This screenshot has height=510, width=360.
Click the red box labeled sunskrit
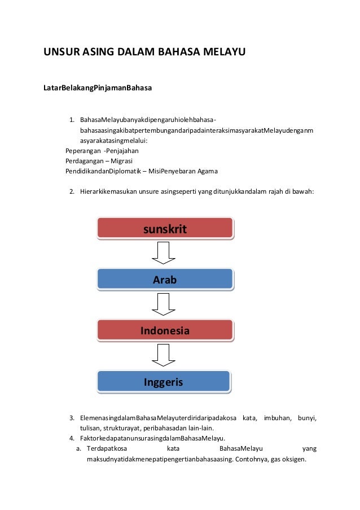click(x=165, y=228)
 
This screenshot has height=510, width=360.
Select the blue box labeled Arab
click(x=165, y=279)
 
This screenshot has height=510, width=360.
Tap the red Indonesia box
click(x=165, y=330)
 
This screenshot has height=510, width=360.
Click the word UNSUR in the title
click(x=60, y=54)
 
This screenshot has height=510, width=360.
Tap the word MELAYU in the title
click(x=222, y=54)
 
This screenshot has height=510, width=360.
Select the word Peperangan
click(x=83, y=151)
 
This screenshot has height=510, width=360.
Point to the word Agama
click(x=207, y=171)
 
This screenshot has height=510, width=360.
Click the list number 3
click(x=72, y=419)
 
